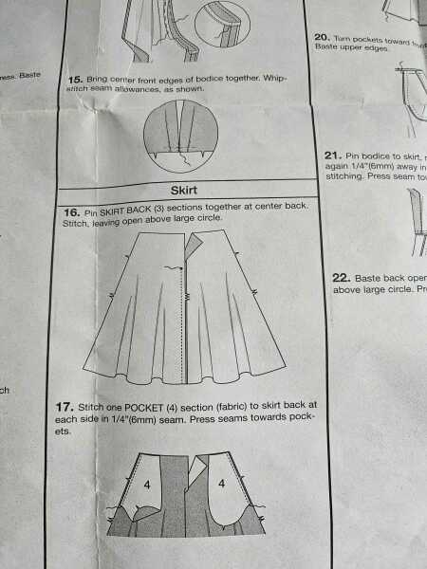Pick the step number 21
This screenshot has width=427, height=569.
[x=332, y=156]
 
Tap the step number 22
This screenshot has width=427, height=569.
[x=342, y=278]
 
